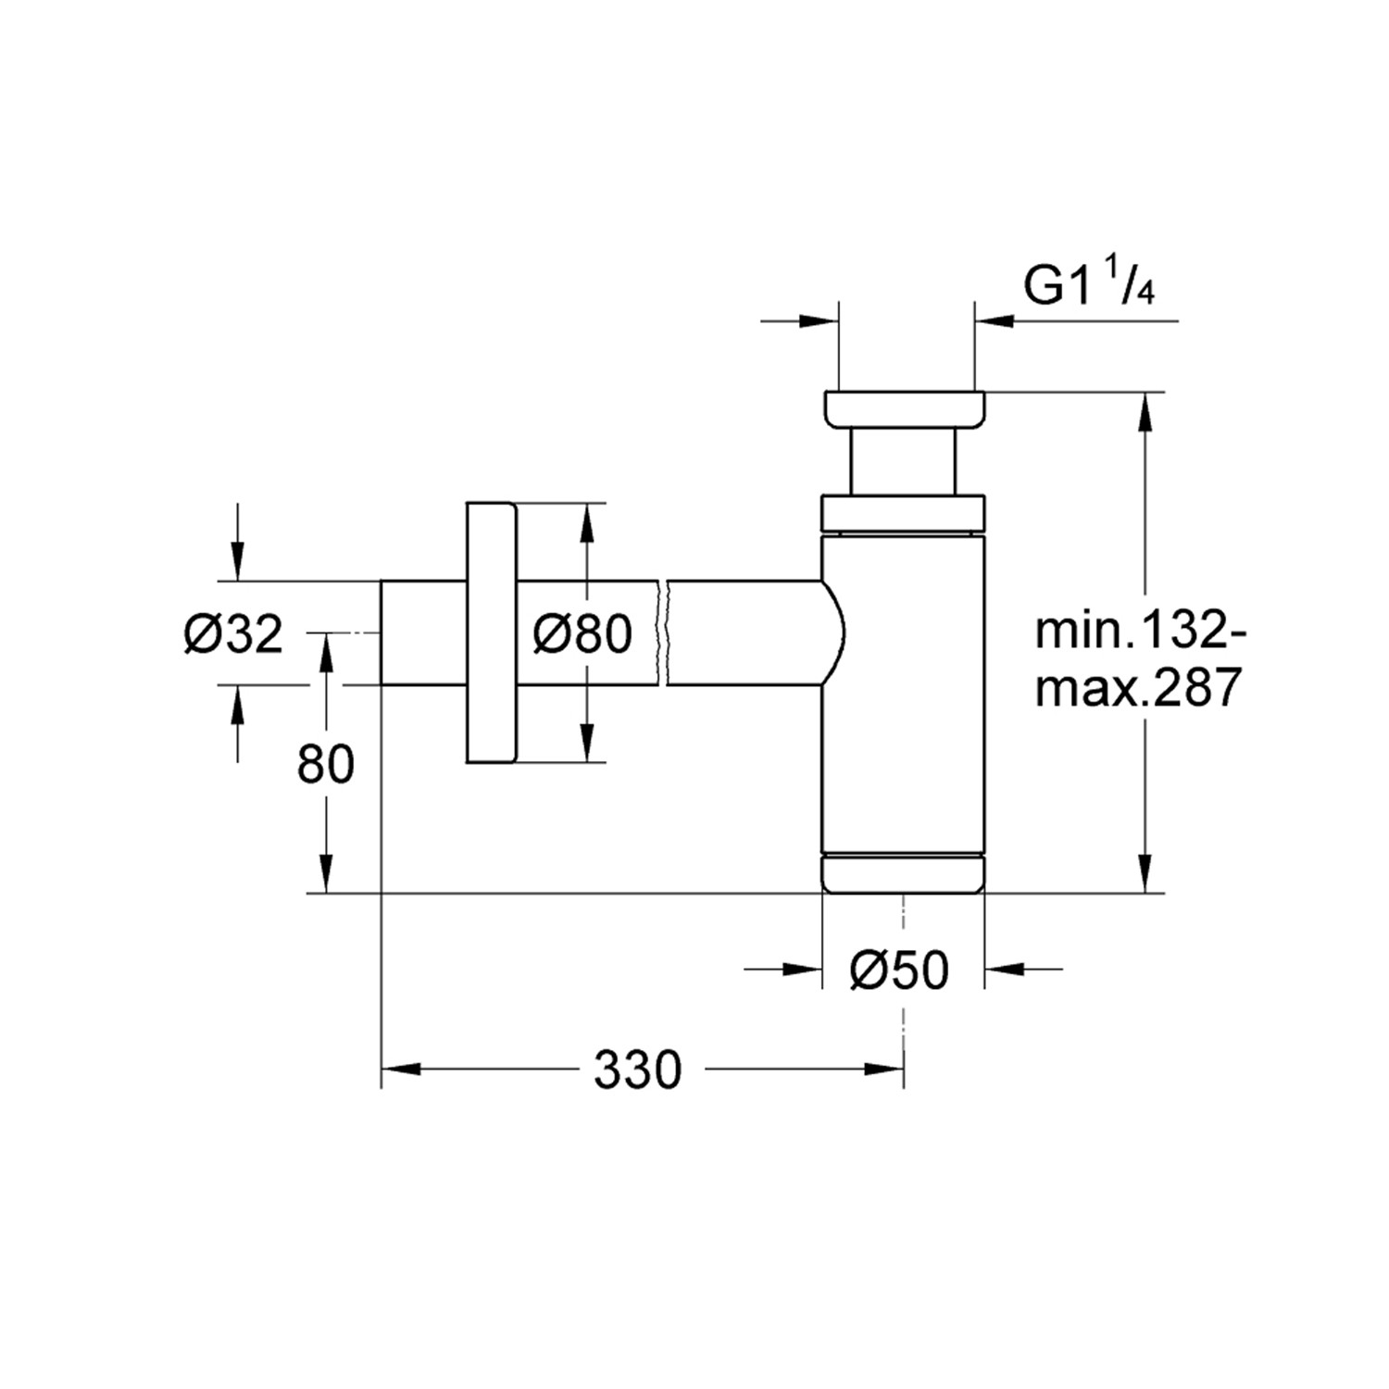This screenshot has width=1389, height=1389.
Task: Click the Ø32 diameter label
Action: tap(233, 634)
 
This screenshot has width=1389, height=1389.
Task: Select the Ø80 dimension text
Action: tap(582, 634)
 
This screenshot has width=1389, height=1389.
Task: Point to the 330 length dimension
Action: tap(637, 1070)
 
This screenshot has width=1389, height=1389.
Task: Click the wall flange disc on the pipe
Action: tap(490, 632)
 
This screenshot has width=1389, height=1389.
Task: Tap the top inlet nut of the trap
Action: tap(905, 410)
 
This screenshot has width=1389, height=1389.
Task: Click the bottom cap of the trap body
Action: tap(904, 872)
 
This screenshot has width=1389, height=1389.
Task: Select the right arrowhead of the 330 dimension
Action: tap(884, 1070)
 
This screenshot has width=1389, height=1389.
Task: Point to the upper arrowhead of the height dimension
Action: tap(1145, 412)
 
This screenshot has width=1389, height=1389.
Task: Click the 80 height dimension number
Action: tap(326, 765)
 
